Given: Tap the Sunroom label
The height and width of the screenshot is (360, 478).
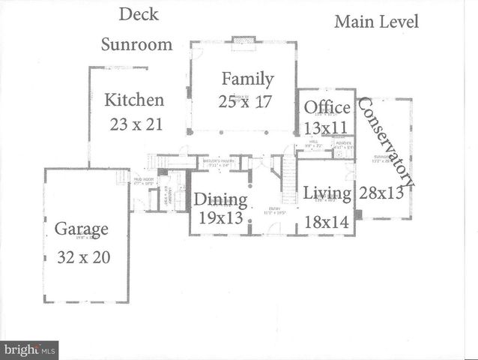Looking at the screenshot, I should (x=137, y=44).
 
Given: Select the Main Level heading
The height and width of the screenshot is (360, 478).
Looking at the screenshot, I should (x=376, y=21).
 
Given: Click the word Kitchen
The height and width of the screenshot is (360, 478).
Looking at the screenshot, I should (x=134, y=100).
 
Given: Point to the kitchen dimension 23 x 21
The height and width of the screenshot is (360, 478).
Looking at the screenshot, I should (x=136, y=124).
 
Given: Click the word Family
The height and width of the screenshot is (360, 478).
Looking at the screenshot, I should (x=246, y=78).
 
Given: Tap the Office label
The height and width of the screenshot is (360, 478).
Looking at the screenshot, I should (x=327, y=107).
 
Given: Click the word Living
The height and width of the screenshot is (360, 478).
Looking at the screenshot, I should (x=327, y=193).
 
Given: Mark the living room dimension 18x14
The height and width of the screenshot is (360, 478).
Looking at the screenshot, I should (x=327, y=222).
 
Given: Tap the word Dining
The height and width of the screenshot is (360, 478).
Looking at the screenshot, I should (x=221, y=199).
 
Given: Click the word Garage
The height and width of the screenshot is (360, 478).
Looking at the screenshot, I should (x=82, y=229).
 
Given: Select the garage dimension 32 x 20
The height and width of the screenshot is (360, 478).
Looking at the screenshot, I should (x=84, y=257).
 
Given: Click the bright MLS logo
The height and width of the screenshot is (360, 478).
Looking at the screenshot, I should (x=30, y=349).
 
